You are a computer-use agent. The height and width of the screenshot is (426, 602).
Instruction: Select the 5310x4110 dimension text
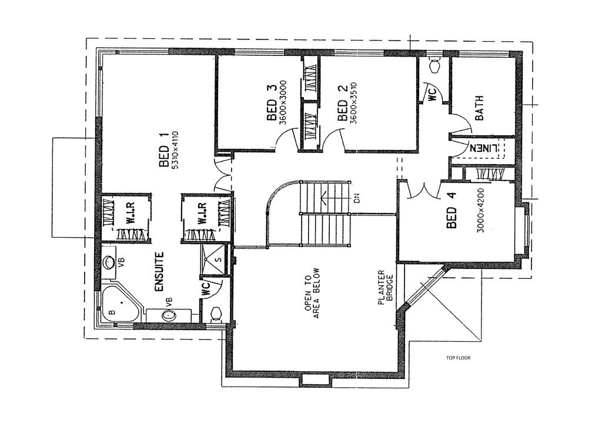[x=175, y=150]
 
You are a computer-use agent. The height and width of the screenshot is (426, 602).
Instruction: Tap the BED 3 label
[x=271, y=104]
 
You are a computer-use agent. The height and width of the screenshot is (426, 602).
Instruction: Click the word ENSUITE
[x=159, y=272]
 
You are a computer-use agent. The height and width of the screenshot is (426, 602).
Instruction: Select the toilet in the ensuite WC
[x=215, y=313]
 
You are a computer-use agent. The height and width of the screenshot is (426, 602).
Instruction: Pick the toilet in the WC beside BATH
[x=434, y=65]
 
